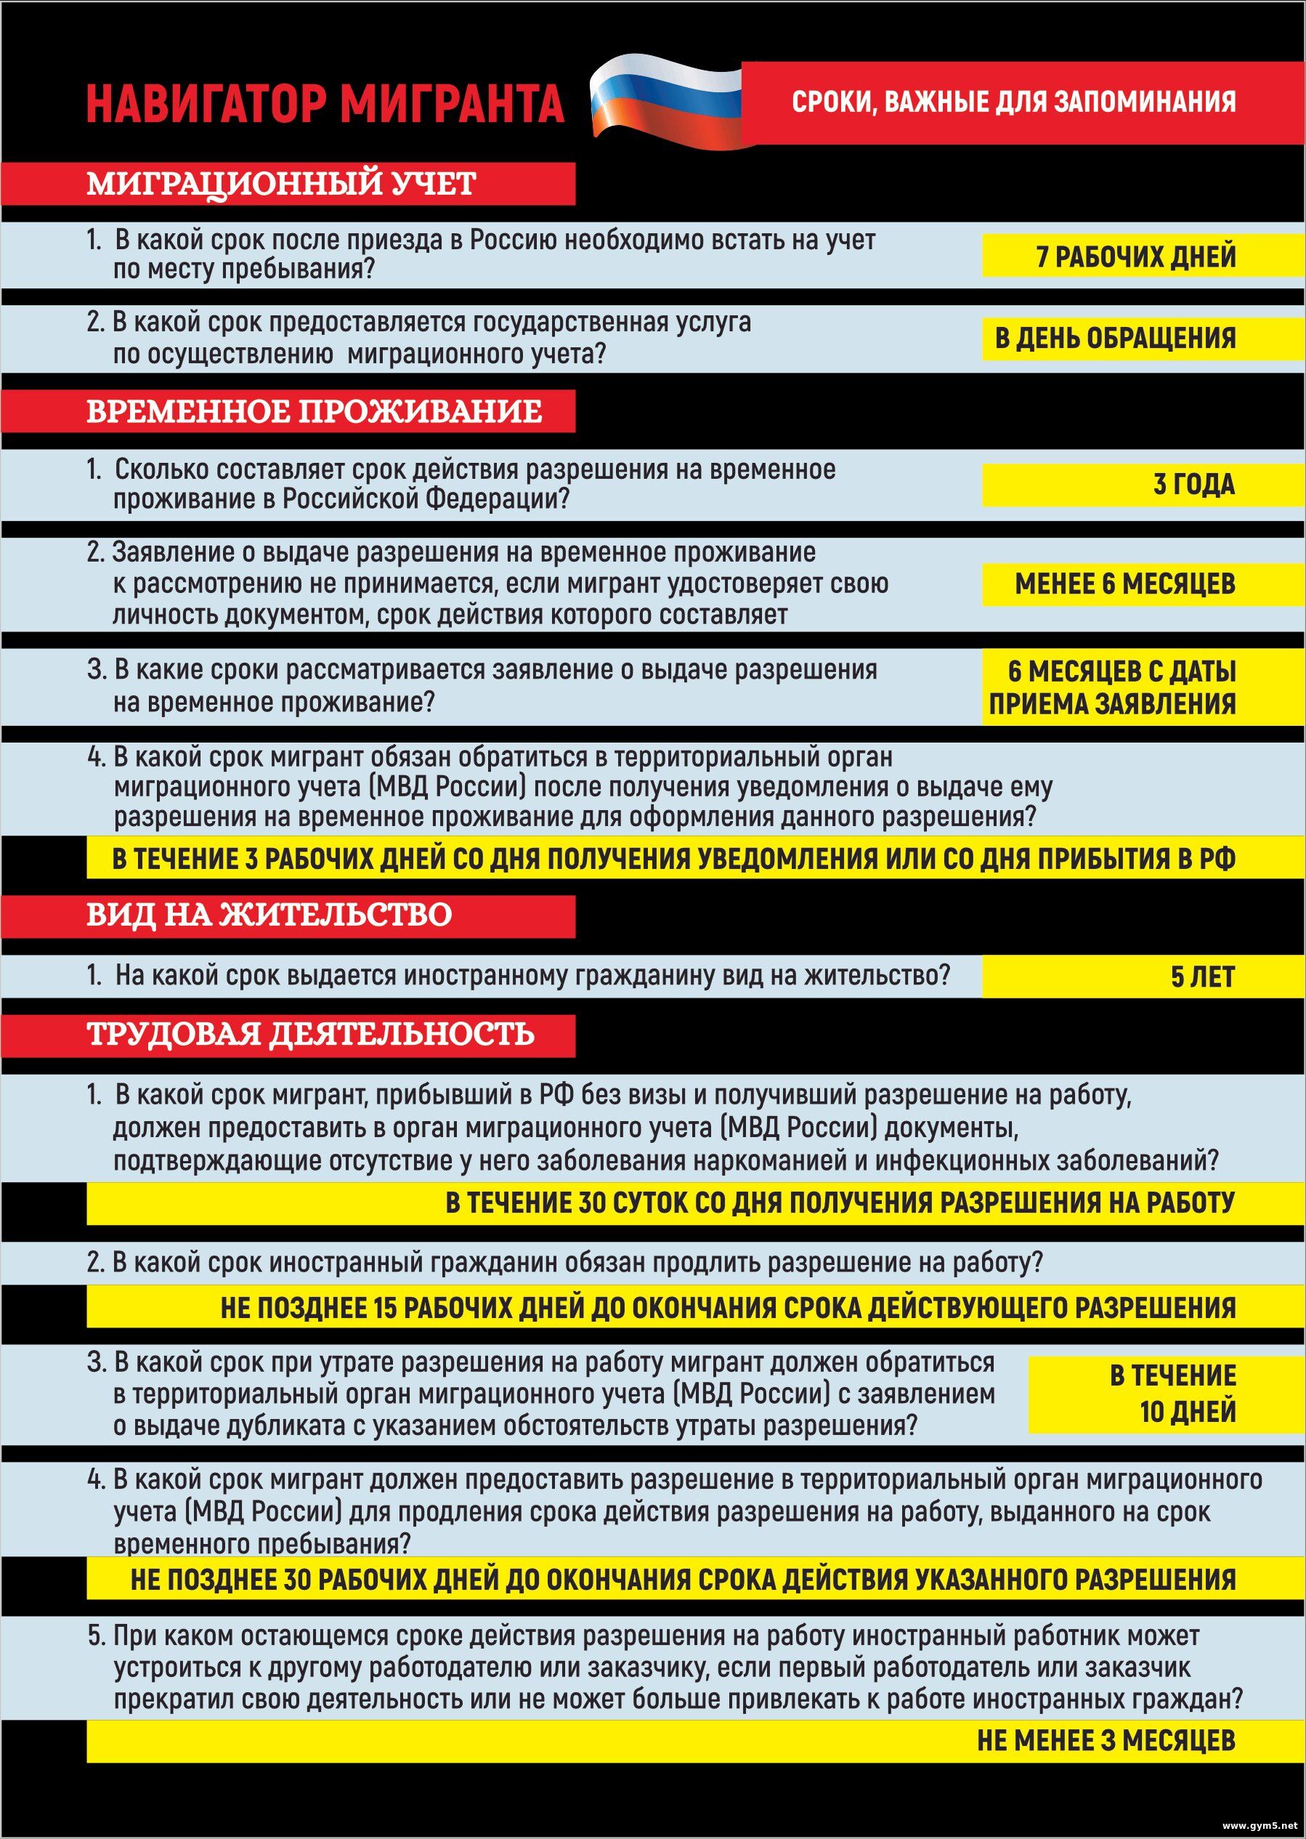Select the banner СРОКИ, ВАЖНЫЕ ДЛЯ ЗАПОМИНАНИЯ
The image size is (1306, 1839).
[x=1013, y=102]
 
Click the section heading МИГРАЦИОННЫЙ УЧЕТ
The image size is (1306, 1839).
[x=282, y=183]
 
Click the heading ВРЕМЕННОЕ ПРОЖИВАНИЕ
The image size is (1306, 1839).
[x=315, y=411]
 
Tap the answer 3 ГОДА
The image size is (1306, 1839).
[x=1194, y=485]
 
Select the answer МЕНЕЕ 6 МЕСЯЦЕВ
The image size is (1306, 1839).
[x=1125, y=584]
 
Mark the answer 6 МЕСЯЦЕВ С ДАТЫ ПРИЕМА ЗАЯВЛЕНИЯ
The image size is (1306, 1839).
[x=1114, y=687]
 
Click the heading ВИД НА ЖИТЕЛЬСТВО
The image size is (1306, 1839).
[x=269, y=915]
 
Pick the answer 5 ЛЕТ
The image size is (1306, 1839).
[x=1202, y=977]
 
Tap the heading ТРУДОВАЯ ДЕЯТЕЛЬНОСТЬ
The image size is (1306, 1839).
[x=310, y=1034]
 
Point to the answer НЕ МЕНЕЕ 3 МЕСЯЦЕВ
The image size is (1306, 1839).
[x=1106, y=1740]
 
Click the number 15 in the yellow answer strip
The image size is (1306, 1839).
[x=385, y=1308]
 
